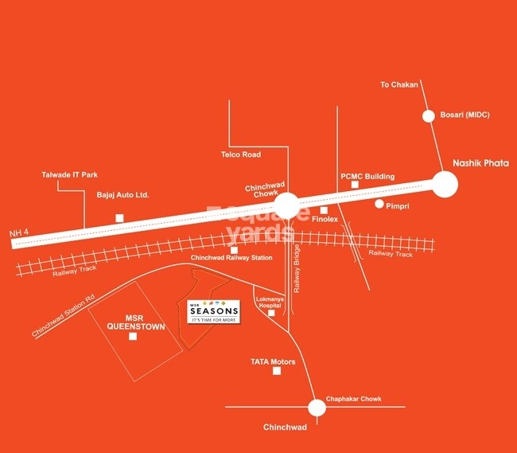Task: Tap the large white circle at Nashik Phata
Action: [x=445, y=185]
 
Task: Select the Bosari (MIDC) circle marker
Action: [x=429, y=115]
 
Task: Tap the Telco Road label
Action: [x=240, y=154]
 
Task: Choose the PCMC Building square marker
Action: [x=356, y=185]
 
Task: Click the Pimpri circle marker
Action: [x=380, y=204]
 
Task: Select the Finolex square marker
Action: [x=324, y=210]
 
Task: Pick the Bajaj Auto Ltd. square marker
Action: [x=119, y=218]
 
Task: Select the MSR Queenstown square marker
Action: [x=132, y=337]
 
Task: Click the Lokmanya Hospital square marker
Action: [x=271, y=314]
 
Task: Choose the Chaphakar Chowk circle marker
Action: [x=317, y=408]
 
